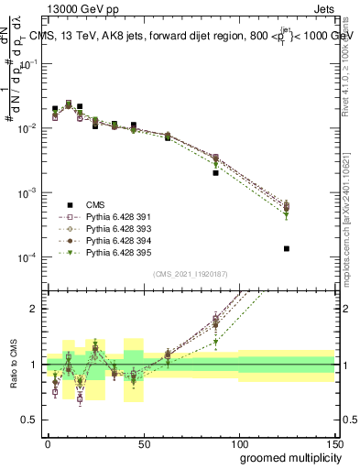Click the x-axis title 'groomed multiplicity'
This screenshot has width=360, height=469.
pos(287,456)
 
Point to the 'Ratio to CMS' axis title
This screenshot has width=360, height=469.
pos(12,364)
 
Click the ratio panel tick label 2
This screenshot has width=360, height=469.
pos(37,309)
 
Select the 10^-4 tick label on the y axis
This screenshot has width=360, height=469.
pos(30,258)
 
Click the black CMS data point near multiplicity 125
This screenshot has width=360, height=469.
pos(287,248)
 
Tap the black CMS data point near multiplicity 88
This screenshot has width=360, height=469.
pos(215,172)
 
